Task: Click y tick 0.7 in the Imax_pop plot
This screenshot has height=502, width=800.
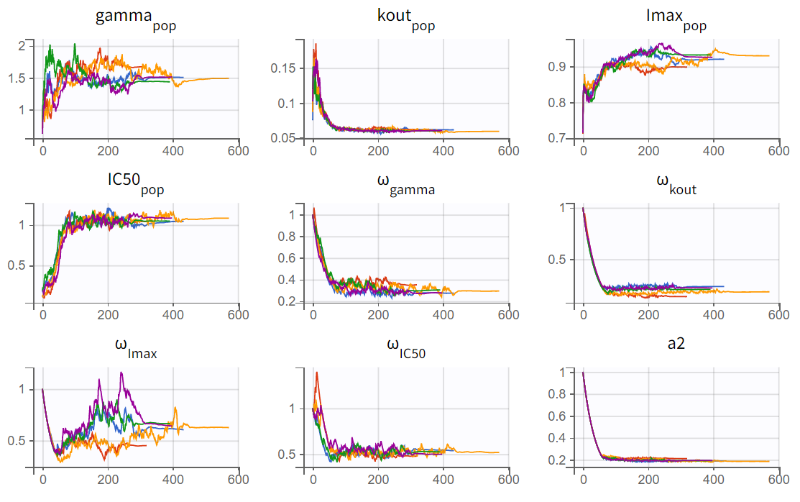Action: tap(557, 137)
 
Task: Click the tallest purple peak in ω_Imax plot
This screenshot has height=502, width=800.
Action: tap(121, 373)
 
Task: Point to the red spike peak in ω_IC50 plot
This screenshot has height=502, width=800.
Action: tap(317, 373)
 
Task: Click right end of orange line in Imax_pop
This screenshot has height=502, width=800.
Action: tap(769, 56)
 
